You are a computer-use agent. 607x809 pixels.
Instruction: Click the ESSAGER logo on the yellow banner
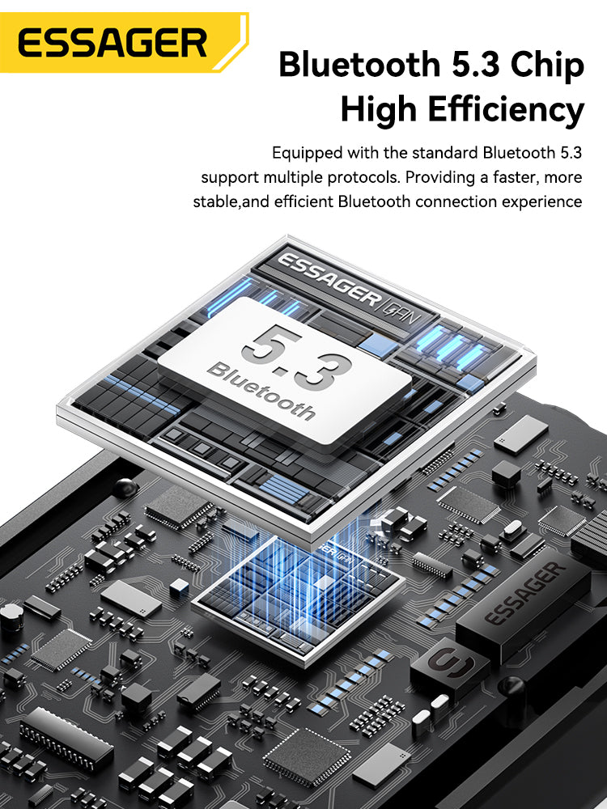[x=112, y=43]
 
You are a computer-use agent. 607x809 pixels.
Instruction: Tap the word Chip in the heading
[x=547, y=65]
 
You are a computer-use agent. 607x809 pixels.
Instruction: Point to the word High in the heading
[x=378, y=111]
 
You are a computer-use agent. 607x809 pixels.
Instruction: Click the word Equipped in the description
[x=307, y=153]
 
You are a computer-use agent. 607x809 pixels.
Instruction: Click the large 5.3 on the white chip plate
[x=296, y=355]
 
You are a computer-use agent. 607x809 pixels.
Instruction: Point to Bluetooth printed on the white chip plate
[x=261, y=391]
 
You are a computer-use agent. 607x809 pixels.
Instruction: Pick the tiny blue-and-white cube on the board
[x=179, y=587]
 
